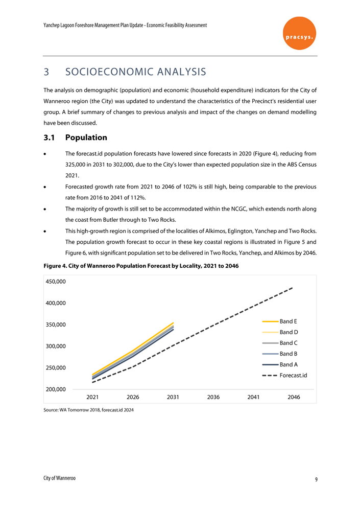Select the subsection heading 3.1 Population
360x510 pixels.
pyautogui.click(x=75, y=137)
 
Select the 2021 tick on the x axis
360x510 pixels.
pyautogui.click(x=92, y=397)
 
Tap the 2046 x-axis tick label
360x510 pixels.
pyautogui.click(x=294, y=397)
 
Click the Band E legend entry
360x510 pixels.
pyautogui.click(x=289, y=321)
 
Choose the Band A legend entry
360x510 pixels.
pyautogui.click(x=289, y=364)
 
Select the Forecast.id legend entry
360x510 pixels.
pyautogui.click(x=293, y=376)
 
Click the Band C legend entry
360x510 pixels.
pyautogui.click(x=289, y=343)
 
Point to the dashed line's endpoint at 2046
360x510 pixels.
pyautogui.click(x=293, y=288)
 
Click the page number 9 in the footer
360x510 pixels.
pyautogui.click(x=316, y=479)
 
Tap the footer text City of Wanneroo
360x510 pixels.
pyautogui.click(x=59, y=478)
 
